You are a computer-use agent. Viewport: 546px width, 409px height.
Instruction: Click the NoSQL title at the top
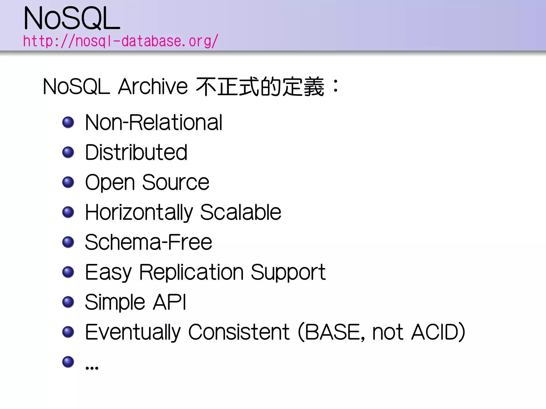72,19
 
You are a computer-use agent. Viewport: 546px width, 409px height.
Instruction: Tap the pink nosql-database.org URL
121,41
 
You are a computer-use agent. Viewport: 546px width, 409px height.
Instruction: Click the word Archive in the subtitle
153,87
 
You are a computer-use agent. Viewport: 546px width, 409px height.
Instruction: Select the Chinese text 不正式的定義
260,87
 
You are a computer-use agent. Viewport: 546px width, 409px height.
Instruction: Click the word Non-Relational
154,122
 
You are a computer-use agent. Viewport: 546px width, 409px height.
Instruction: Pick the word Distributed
136,152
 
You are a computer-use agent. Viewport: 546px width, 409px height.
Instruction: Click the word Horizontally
139,212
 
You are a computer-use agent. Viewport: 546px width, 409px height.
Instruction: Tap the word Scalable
240,212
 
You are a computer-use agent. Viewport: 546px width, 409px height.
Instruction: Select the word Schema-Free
148,242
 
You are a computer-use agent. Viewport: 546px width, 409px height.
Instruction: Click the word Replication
191,272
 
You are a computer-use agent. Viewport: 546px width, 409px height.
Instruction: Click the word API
169,302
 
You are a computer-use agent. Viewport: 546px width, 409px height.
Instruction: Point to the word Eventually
133,332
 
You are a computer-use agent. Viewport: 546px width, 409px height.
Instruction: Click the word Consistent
239,332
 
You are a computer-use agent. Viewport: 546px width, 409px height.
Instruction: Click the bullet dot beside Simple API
68,302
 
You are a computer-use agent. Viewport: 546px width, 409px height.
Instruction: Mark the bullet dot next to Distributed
68,152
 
